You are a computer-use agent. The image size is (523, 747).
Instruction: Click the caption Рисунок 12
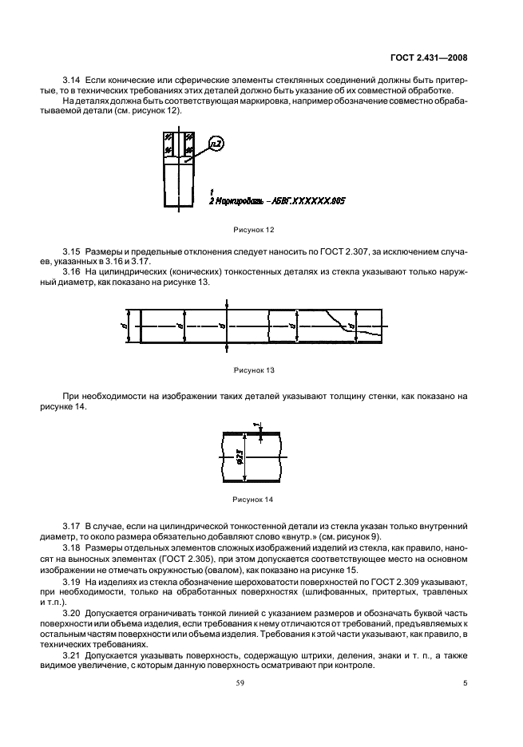pos(253,228)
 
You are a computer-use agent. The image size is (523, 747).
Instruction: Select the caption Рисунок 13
pos(253,370)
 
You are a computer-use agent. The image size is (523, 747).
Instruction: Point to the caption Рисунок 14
pos(253,500)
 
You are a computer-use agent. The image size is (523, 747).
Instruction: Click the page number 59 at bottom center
pos(261,682)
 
